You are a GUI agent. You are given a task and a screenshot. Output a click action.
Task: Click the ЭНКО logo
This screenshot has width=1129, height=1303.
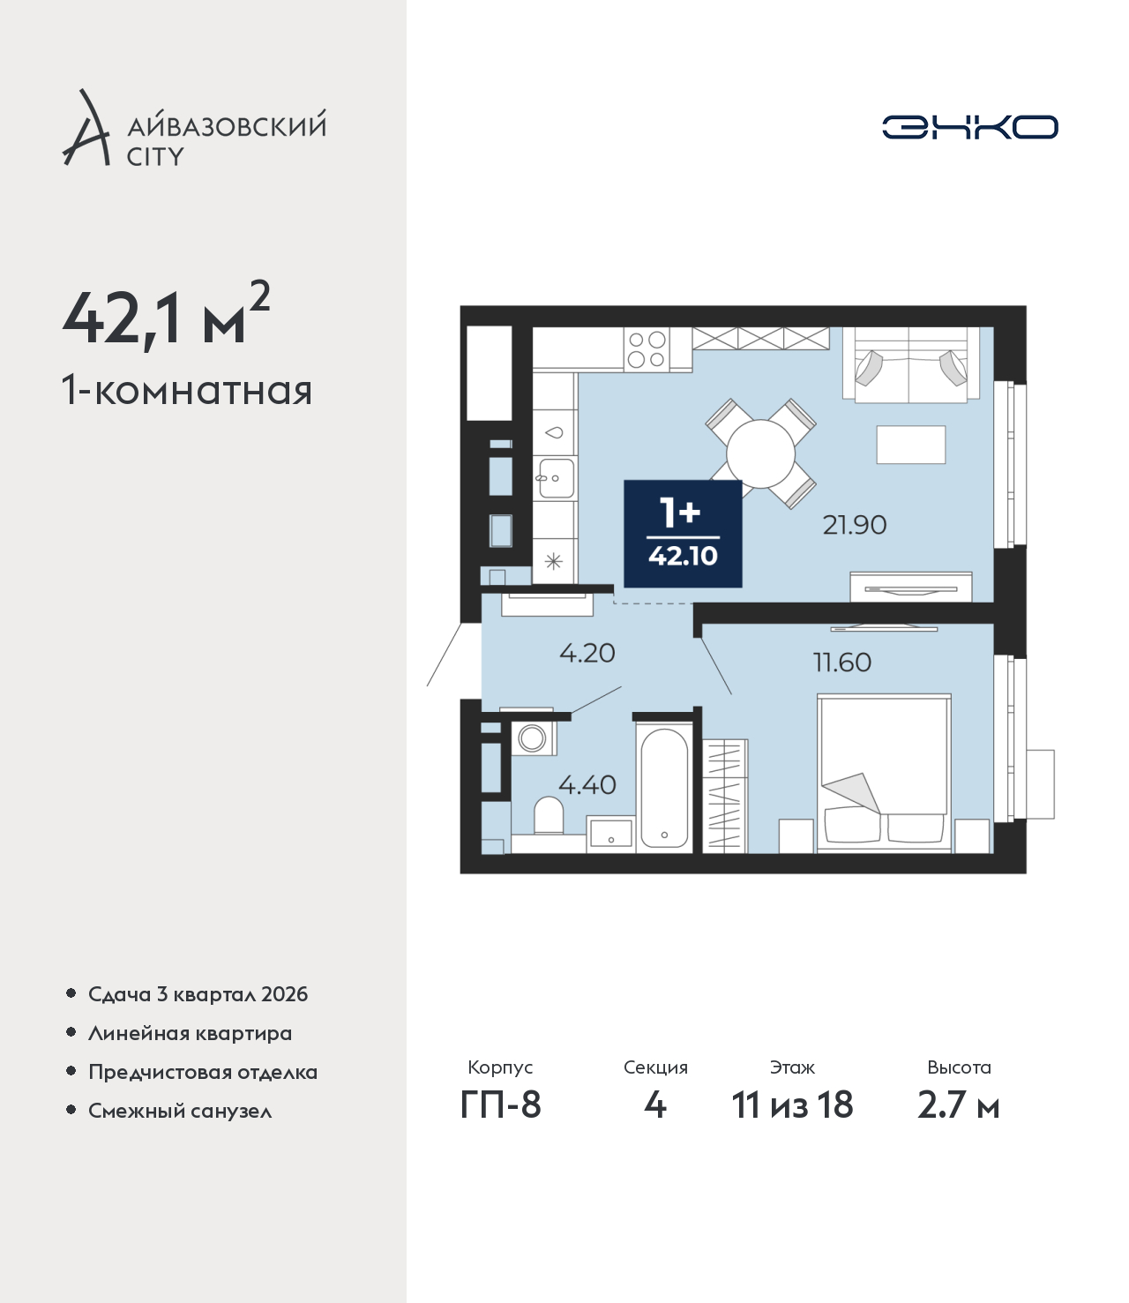(x=969, y=127)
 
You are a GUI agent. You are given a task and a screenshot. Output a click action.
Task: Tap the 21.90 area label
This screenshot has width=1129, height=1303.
(x=854, y=525)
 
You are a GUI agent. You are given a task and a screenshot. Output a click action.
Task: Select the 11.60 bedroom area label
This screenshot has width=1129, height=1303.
(x=842, y=663)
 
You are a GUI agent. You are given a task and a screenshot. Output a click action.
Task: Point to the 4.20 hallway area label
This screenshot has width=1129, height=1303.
(x=587, y=653)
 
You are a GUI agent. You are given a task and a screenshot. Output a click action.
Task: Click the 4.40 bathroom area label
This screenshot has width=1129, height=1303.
(x=587, y=785)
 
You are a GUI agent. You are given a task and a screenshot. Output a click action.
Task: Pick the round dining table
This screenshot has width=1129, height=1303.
(x=760, y=453)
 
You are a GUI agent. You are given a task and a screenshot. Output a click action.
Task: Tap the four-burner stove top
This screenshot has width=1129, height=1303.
(x=647, y=349)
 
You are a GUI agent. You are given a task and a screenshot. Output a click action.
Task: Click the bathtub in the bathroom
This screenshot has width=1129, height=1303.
(x=664, y=788)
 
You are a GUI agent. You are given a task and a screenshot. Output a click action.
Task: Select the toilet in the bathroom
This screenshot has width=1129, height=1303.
(x=549, y=816)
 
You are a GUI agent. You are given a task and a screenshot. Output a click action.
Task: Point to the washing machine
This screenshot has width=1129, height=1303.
(x=534, y=738)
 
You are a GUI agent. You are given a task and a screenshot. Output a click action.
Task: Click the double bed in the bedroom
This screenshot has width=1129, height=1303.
(x=884, y=773)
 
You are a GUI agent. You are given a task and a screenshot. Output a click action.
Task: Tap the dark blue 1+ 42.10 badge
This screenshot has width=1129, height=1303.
(x=683, y=534)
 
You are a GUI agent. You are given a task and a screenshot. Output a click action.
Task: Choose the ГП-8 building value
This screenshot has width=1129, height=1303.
(x=500, y=1105)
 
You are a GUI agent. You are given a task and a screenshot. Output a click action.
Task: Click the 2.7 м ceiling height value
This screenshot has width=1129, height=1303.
(x=958, y=1105)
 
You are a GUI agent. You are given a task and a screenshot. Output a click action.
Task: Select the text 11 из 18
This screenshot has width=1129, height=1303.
(x=792, y=1105)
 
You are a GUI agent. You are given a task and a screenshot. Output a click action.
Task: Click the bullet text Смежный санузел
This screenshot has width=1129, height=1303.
(x=180, y=1110)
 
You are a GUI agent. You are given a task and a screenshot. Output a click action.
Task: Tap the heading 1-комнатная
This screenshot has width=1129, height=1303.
(x=187, y=392)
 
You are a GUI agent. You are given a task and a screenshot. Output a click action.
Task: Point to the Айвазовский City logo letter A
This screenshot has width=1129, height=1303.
(x=86, y=128)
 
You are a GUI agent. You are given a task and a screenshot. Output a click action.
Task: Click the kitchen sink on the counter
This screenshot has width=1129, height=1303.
(x=556, y=478)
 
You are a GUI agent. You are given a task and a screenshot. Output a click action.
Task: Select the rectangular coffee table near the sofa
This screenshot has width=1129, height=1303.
(x=911, y=445)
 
